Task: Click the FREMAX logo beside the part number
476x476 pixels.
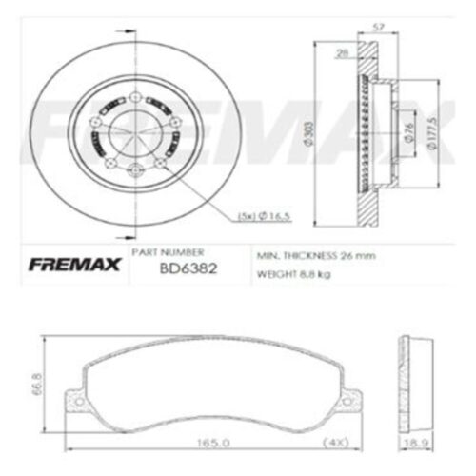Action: point(70,265)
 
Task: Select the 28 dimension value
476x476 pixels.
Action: point(340,54)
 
